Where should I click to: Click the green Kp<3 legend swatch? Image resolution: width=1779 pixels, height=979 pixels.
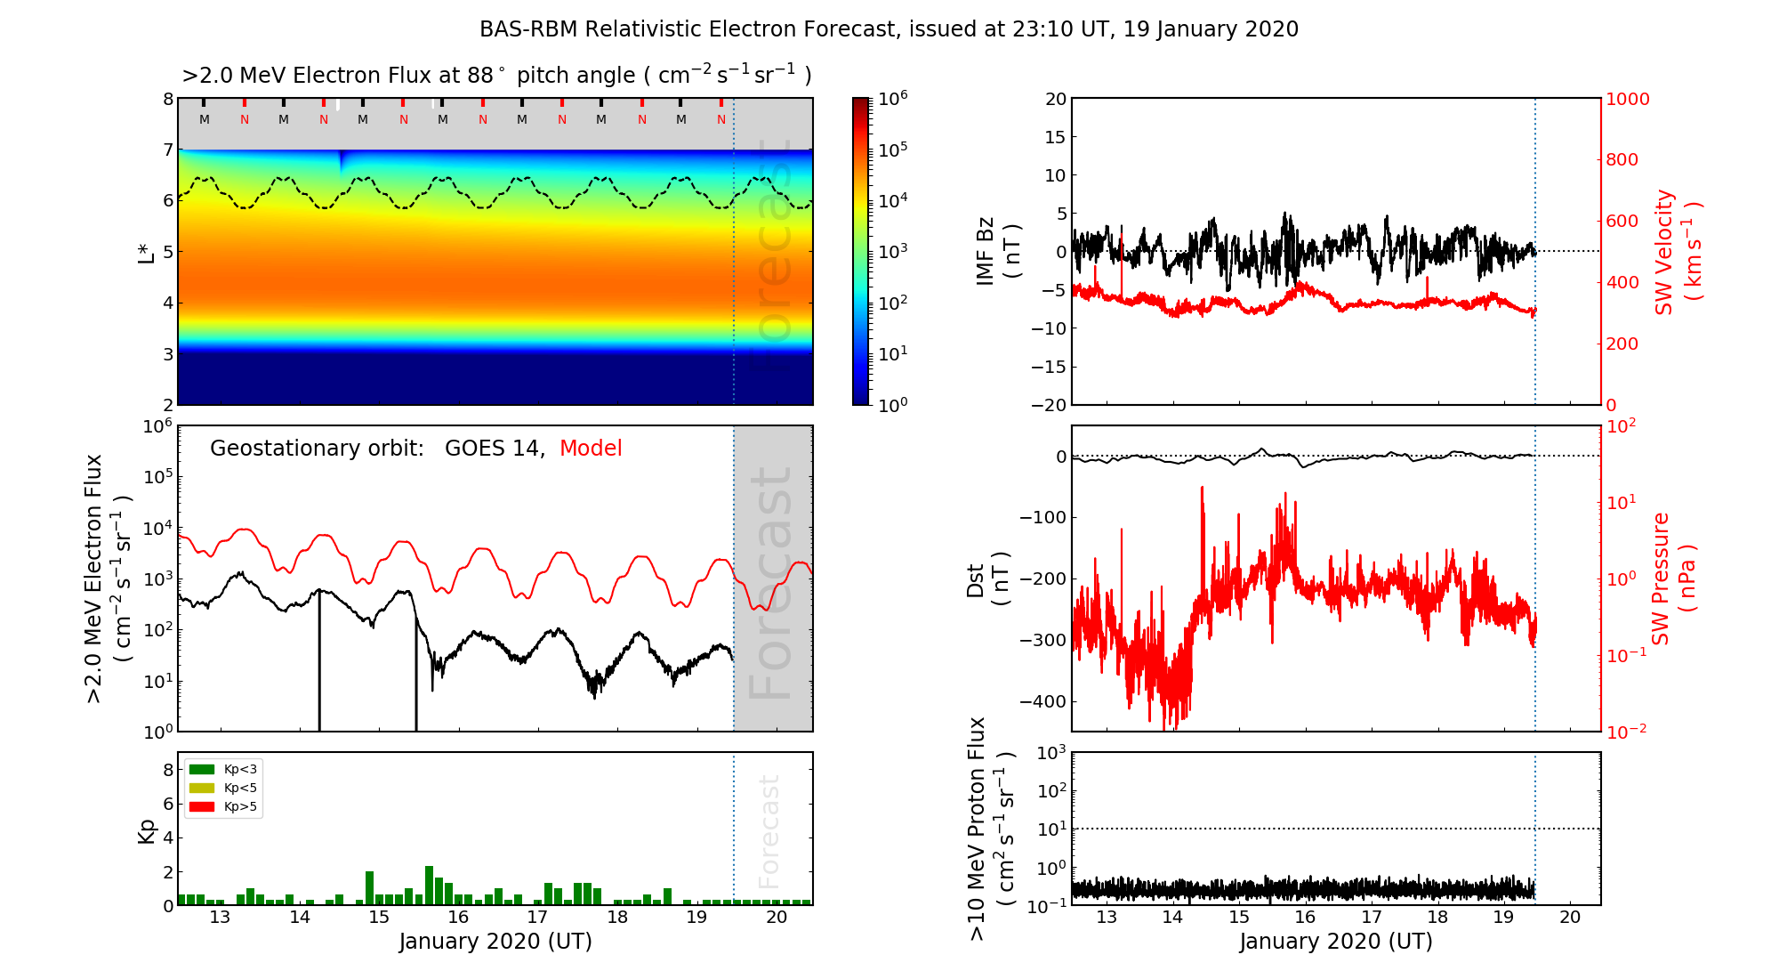(x=202, y=769)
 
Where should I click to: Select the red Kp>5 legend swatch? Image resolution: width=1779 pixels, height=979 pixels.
(x=202, y=807)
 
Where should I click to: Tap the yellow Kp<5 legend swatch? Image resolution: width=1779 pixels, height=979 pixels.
(x=202, y=788)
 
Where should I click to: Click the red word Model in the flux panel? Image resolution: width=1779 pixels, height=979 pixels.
(x=591, y=449)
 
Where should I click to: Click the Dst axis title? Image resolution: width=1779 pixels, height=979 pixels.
(x=987, y=579)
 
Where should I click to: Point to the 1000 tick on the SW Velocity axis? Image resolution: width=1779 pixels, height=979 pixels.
(x=1627, y=99)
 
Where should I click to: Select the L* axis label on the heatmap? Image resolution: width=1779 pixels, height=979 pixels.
(x=147, y=251)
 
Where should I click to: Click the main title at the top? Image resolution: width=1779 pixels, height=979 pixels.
(x=889, y=29)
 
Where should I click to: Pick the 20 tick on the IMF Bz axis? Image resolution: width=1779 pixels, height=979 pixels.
(x=1055, y=99)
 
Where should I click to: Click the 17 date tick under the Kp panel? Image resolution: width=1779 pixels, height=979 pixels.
(x=537, y=918)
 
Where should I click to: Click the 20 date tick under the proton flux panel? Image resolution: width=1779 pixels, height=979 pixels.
(x=1570, y=918)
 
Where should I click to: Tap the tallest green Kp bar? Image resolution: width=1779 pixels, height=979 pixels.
(x=429, y=886)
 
